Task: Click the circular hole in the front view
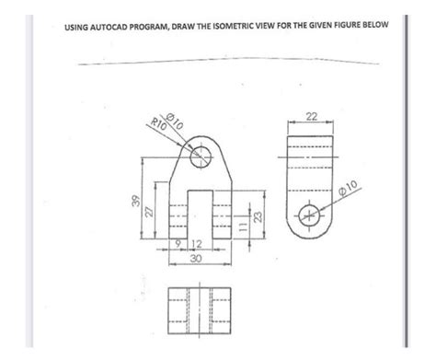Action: [199, 159]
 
